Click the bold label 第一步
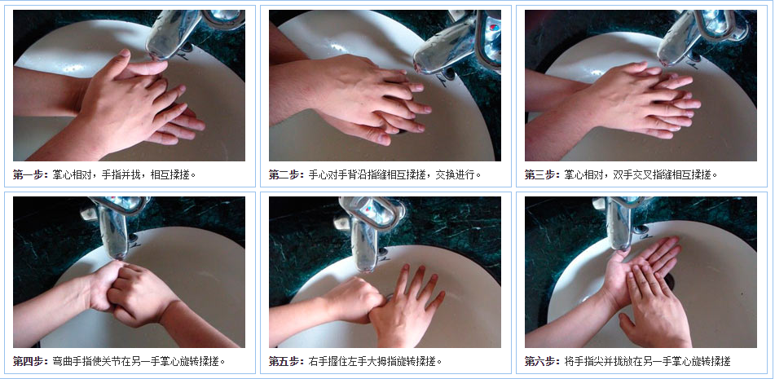coord(30,174)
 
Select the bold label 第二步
coord(286,174)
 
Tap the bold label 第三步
coord(542,174)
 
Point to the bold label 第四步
coord(30,361)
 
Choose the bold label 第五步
coord(286,361)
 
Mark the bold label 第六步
coord(542,361)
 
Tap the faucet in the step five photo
coord(368,227)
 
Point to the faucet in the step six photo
coord(620,221)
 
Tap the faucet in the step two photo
coord(457,42)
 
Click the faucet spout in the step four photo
coord(113,232)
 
